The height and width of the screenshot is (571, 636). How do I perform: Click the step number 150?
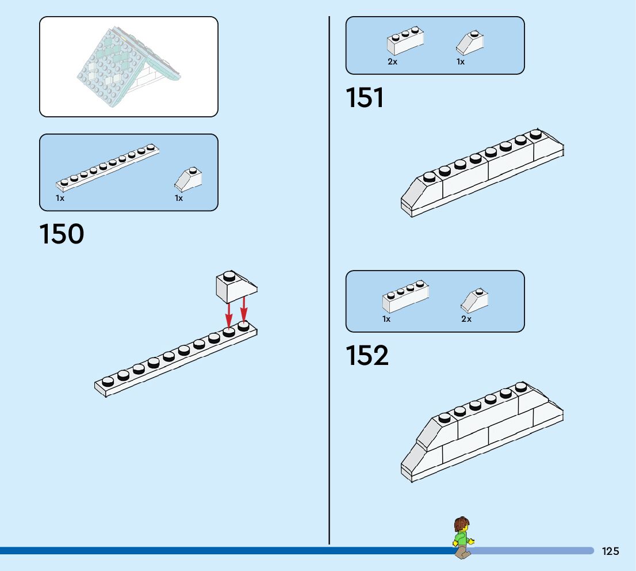[62, 234]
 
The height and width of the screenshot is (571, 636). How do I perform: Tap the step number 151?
[365, 98]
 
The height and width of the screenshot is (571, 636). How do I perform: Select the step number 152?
[367, 356]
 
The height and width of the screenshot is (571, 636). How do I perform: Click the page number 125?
[610, 551]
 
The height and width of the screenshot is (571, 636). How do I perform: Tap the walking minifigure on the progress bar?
[462, 538]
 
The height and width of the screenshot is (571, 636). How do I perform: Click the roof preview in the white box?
[129, 63]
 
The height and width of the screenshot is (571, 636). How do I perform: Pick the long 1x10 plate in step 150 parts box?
[108, 167]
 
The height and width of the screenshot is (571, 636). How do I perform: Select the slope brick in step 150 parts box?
[188, 179]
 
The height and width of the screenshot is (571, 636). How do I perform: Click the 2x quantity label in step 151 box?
[392, 62]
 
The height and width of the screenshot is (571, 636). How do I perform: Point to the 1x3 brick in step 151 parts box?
[406, 41]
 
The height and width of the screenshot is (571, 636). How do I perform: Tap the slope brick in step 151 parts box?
[470, 43]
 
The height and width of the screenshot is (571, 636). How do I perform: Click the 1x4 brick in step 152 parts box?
[405, 296]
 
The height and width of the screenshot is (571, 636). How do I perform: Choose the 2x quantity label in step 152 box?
[466, 319]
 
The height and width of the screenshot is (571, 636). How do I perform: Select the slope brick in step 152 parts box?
[474, 299]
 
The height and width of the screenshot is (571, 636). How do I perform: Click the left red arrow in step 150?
[229, 314]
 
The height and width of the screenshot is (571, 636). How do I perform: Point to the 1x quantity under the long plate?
[60, 198]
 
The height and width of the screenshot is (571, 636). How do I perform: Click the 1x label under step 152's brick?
[386, 319]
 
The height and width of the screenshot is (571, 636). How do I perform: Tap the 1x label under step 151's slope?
[461, 62]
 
